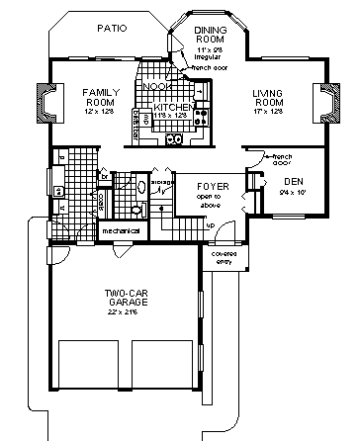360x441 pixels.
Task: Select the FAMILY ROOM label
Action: pyautogui.click(x=99, y=97)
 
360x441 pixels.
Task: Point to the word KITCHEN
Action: pyautogui.click(x=171, y=106)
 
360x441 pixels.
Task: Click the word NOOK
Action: pyautogui.click(x=155, y=87)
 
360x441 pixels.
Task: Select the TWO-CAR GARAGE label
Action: pyautogui.click(x=129, y=300)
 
